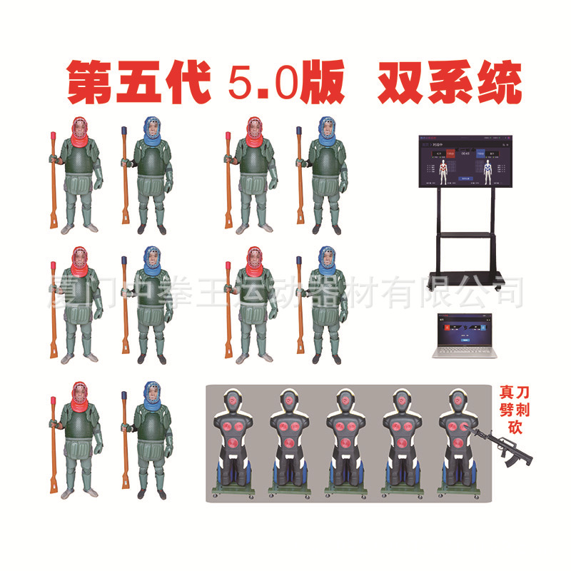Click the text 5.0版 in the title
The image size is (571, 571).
pyautogui.click(x=285, y=84)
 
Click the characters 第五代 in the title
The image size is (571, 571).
pyautogui.click(x=138, y=84)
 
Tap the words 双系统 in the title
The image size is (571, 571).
pyautogui.click(x=450, y=84)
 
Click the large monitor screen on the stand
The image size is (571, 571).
pyautogui.click(x=465, y=163)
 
